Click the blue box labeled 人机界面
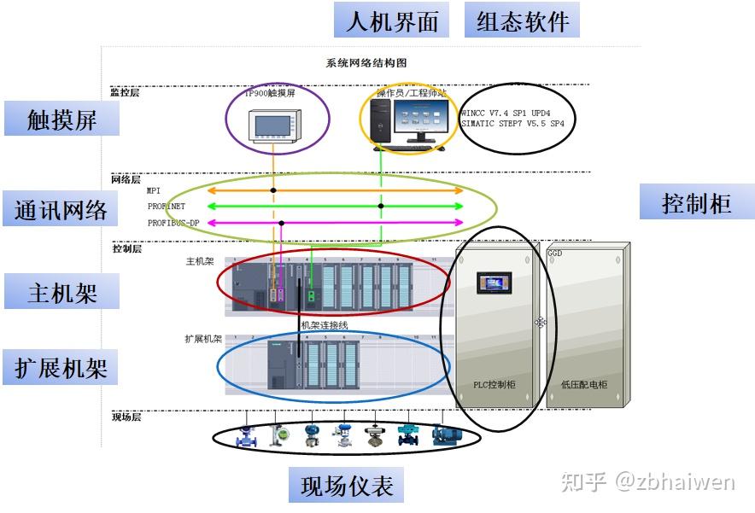pos(391,20)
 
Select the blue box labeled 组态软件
pos(522,20)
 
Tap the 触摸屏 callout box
pos(61,120)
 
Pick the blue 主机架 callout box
pos(61,293)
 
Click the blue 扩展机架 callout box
pos(61,368)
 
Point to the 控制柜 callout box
pos(697,203)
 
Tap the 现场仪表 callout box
pos(346,486)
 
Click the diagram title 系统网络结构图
pos(366,63)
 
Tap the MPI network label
pos(153,190)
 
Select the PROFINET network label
pos(166,207)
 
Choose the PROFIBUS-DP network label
pos(173,223)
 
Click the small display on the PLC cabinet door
pos(494,283)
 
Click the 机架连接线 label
pos(325,325)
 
